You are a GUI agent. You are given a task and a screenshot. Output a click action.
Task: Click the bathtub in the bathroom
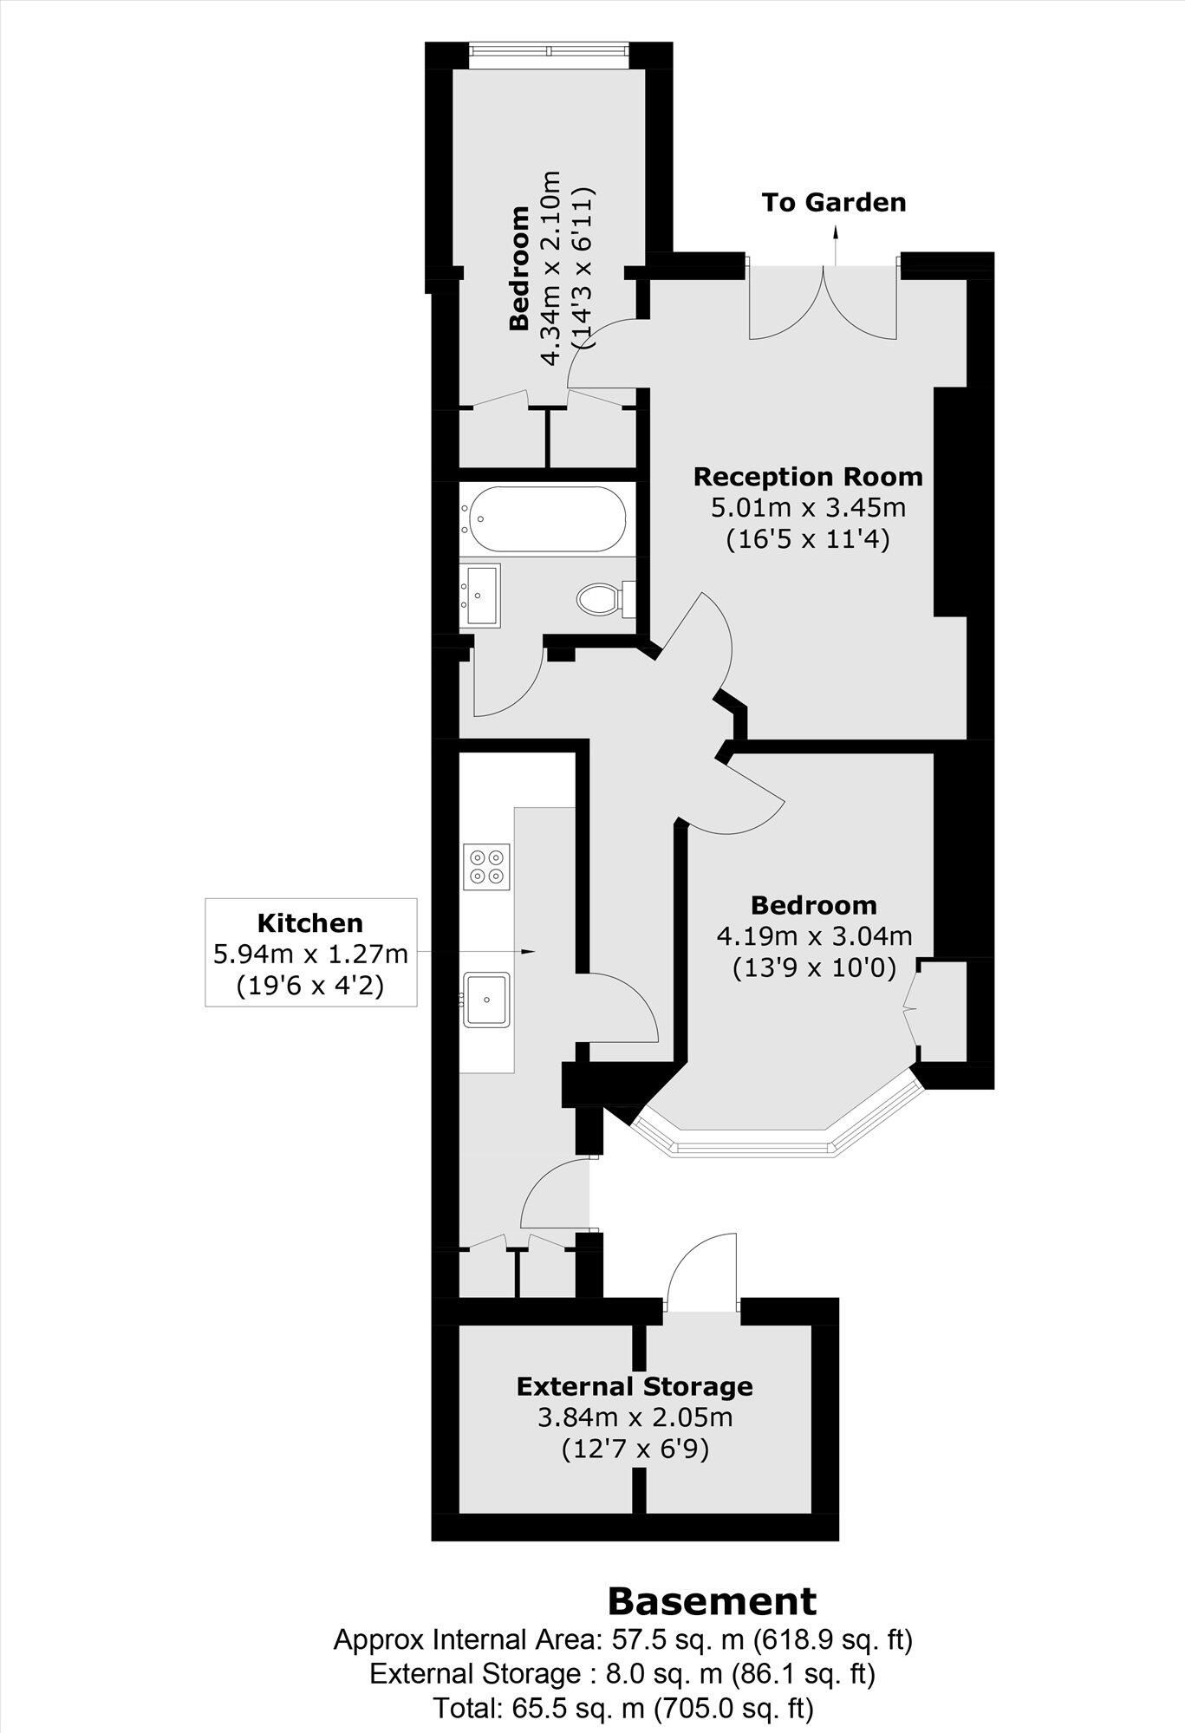545,518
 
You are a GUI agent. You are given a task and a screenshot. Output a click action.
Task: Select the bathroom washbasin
479,594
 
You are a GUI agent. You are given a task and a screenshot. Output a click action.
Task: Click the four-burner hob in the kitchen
486,864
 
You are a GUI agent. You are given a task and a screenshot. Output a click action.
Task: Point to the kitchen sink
486,999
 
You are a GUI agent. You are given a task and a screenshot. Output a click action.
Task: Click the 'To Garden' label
833,202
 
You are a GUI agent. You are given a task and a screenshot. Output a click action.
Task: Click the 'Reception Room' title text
808,477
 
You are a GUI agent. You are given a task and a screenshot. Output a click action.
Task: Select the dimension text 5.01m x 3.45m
808,507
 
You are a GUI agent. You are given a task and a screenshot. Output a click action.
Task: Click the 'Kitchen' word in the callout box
310,922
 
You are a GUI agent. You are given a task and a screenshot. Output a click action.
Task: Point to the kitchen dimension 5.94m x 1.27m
310,954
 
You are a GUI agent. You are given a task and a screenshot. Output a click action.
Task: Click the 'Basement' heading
712,1600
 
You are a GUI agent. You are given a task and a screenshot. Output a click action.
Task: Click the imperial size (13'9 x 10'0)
814,966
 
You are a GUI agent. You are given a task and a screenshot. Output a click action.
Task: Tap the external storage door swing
704,1267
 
